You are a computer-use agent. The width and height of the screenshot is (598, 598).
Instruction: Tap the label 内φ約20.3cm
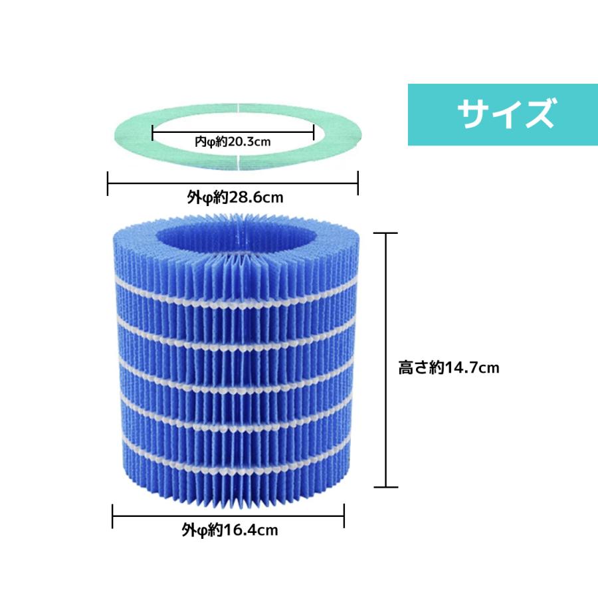coord(233,142)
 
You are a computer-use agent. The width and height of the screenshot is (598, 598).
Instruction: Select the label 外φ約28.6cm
coord(235,197)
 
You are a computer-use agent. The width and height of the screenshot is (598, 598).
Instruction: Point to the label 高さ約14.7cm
coord(449,367)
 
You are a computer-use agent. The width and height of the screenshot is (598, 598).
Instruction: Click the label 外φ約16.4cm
coord(230,530)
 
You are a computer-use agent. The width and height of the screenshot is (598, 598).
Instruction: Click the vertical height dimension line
coord(386,360)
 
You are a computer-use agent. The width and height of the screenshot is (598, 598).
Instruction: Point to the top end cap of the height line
coord(385,233)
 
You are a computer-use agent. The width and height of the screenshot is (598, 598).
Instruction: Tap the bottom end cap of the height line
coord(386,487)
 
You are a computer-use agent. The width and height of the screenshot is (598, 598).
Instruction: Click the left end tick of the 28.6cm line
coord(108,183)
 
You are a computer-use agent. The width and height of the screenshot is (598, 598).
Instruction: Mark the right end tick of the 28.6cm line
coord(357,183)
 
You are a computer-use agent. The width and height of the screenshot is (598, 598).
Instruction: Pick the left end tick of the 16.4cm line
coord(112,516)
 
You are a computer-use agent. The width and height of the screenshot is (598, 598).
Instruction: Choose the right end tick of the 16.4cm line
coord(344,516)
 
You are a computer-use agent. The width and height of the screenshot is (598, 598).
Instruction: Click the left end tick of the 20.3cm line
coord(153,132)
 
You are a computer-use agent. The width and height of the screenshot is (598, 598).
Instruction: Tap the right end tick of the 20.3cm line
coord(313,132)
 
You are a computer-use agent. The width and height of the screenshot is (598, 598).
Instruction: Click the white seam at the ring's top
coord(238,107)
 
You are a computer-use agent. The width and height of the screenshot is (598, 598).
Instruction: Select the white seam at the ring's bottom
coord(238,163)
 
